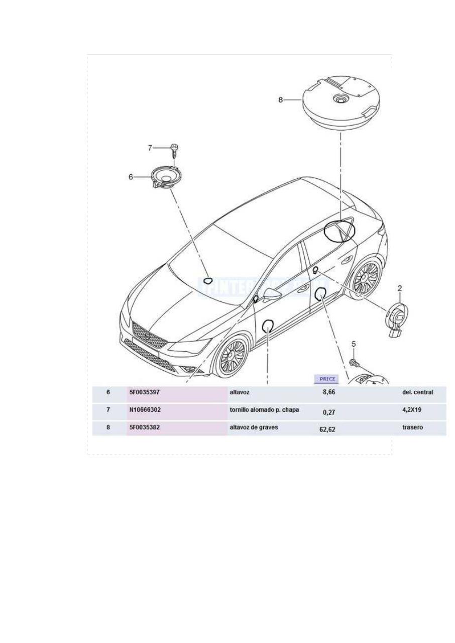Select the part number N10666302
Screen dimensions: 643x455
(x=145, y=410)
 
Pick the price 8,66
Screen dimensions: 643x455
(x=329, y=392)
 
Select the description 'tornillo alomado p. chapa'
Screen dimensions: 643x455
(x=264, y=409)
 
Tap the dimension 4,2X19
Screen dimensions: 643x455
(x=412, y=410)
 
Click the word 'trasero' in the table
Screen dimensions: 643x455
(x=412, y=427)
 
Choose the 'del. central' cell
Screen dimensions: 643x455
(x=417, y=392)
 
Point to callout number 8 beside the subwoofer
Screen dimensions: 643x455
(x=281, y=100)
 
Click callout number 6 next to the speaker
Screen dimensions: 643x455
(x=131, y=177)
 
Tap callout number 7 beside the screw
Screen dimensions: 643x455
(x=150, y=148)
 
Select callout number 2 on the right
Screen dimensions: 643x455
(x=400, y=288)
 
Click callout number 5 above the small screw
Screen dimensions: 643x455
(x=354, y=344)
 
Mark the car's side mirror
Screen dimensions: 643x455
(x=272, y=295)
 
